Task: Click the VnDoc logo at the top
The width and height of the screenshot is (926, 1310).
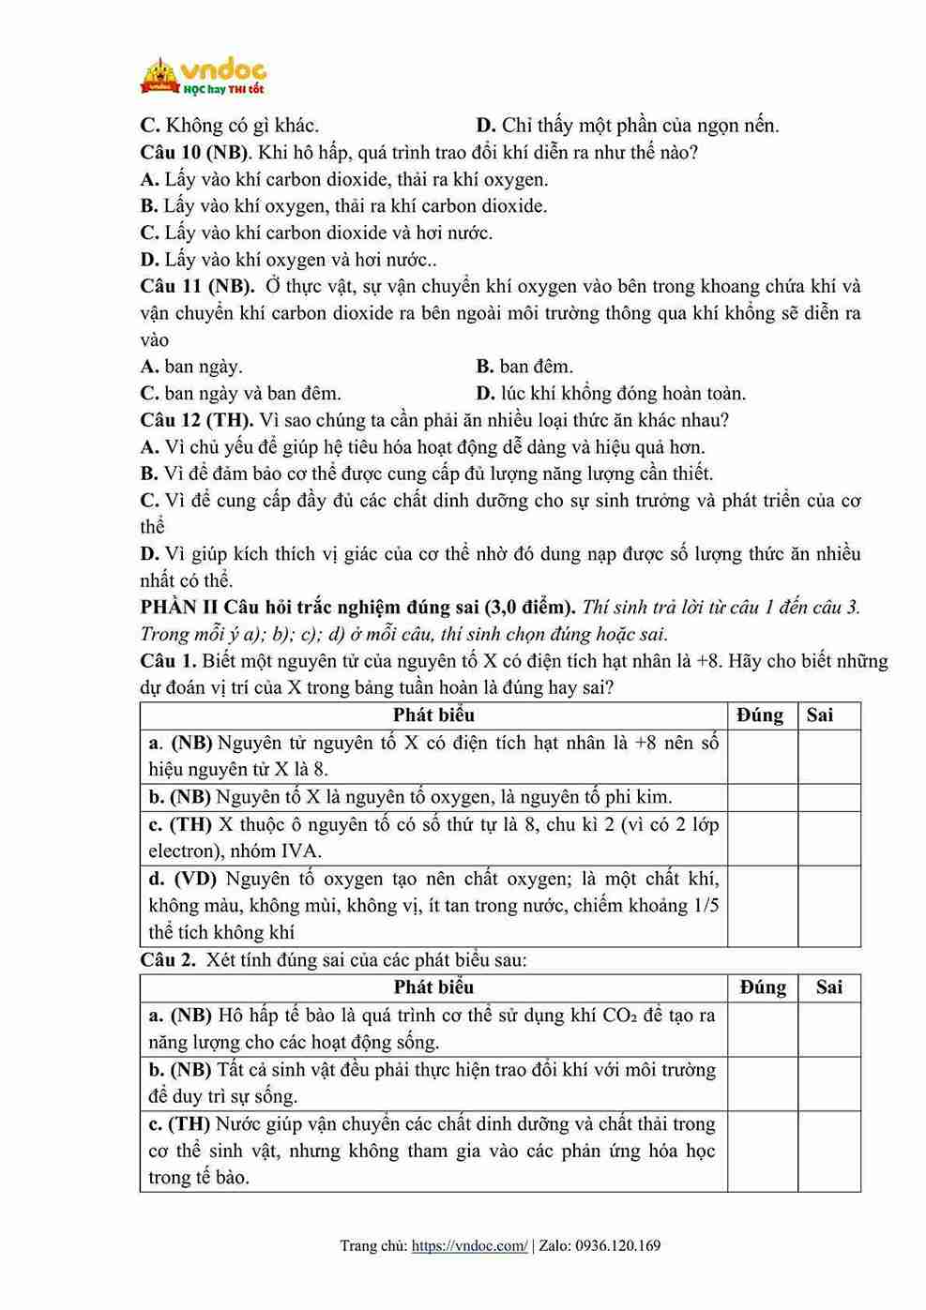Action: coord(203,76)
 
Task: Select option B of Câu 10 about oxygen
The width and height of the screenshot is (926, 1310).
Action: coord(343,205)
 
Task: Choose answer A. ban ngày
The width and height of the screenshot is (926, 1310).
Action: coord(191,367)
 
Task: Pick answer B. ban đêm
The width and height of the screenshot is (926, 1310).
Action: coord(524,367)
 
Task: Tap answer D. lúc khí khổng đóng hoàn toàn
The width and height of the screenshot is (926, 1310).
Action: coord(611,393)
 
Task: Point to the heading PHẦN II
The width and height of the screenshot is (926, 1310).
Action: coord(179,607)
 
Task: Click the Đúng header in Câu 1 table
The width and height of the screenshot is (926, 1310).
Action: coord(761,715)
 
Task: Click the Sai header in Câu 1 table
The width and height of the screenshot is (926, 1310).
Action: coord(819,715)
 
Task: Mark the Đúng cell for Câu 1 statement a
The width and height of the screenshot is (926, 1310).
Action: coord(762,757)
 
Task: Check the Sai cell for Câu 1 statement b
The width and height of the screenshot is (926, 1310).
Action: coord(828,798)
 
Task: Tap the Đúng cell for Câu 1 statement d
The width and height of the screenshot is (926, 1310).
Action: coord(762,906)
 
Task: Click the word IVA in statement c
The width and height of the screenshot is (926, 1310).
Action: coord(300,851)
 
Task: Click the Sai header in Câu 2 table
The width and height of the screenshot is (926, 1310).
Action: coord(828,987)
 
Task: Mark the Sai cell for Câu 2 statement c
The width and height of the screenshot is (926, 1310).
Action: coord(828,1151)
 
